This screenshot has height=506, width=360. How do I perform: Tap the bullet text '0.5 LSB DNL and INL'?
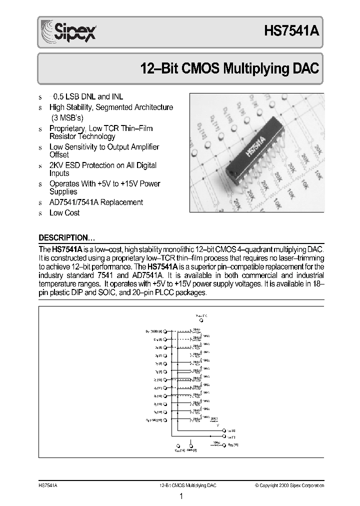pos(87,96)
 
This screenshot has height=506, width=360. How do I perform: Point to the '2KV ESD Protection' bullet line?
pos(102,165)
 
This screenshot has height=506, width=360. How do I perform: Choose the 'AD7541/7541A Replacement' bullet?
pos(96,202)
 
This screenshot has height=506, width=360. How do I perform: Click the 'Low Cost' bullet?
pos(64,213)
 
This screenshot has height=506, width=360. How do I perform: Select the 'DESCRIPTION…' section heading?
pos(66,237)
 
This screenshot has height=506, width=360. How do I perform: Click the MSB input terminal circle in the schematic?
pos(165,331)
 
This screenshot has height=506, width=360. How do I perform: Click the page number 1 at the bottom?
pos(180,496)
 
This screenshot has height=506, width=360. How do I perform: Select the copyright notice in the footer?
pos(289,485)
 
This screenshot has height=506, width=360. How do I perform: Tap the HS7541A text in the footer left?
pos(48,485)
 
